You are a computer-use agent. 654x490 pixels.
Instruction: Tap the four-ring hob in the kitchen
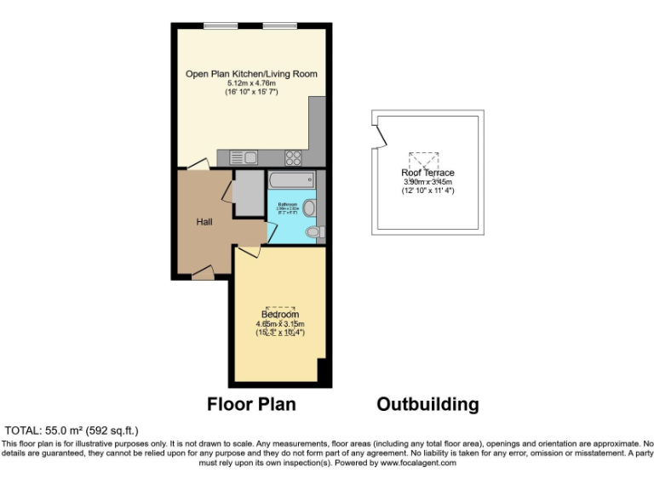[294, 157]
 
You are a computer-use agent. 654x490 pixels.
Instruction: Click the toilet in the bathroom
[313, 231]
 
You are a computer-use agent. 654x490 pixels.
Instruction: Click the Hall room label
[204, 222]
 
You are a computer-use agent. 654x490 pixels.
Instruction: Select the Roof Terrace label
[427, 173]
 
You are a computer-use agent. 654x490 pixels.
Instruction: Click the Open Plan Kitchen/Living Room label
[251, 74]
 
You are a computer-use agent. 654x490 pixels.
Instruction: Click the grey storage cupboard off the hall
[249, 193]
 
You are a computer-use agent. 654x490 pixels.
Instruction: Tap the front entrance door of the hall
[203, 271]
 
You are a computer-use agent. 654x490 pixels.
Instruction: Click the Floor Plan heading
[251, 404]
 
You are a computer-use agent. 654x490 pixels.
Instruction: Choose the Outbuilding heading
[427, 404]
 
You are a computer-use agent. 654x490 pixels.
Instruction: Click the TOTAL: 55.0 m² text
[72, 430]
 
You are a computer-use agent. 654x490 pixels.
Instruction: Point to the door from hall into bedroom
[248, 249]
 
